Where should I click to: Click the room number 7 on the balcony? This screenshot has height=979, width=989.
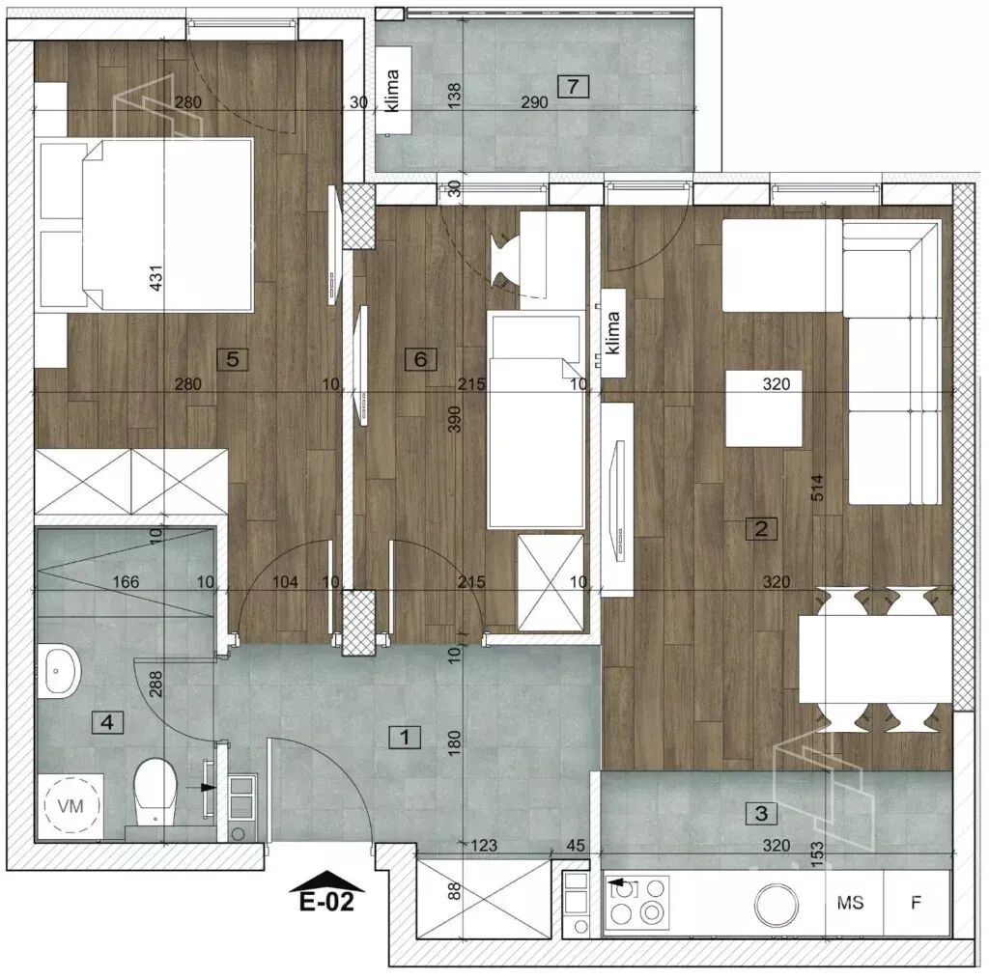point(573,86)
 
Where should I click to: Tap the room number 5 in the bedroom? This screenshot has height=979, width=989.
point(232,359)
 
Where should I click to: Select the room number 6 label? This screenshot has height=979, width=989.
point(420,359)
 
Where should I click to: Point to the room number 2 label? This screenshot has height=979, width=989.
point(761,528)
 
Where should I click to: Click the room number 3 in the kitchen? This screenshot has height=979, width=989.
point(761,813)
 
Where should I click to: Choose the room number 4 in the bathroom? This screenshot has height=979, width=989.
point(107,722)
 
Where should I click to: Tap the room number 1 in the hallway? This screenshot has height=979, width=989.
point(405,737)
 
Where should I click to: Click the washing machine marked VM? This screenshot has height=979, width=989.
point(70,805)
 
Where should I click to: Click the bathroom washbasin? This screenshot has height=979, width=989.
point(59,671)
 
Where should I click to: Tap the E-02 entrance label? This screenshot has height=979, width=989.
point(326,902)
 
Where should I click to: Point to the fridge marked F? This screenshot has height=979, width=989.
point(917,903)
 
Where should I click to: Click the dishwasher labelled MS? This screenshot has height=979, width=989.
point(850,903)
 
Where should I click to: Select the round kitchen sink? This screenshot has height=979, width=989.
point(777,905)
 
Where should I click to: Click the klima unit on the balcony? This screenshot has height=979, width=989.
point(394,91)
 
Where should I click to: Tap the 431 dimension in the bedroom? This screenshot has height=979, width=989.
point(155,277)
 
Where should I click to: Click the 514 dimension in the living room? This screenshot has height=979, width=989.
point(817,488)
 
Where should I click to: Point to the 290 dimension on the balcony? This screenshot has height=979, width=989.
point(534,102)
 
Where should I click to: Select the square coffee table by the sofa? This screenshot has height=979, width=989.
point(764,408)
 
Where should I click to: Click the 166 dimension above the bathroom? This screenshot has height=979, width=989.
point(126,582)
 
